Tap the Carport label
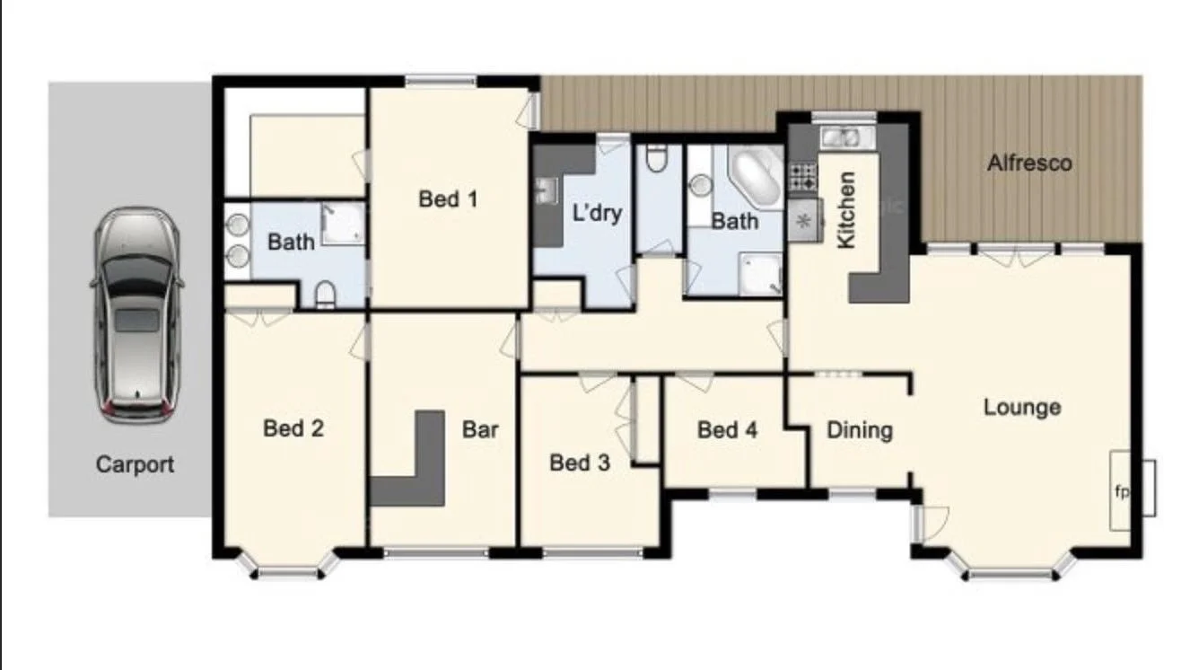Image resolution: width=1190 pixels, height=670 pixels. tap(135, 464)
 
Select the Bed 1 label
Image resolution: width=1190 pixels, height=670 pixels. tap(447, 198)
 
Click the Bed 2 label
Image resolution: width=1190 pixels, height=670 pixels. tap(293, 428)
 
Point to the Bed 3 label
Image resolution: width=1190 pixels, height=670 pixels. tap(579, 463)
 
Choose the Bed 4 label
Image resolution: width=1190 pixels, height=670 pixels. tap(727, 430)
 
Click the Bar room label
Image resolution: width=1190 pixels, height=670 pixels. tap(480, 429)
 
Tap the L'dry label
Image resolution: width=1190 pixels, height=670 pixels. tap(597, 214)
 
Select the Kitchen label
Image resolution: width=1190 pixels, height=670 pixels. tap(845, 210)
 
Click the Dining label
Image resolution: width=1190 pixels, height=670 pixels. tap(859, 430)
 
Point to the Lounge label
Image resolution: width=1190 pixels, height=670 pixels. tap(1021, 407)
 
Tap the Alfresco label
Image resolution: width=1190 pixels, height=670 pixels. tap(1029, 163)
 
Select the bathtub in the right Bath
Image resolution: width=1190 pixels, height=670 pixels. tap(755, 177)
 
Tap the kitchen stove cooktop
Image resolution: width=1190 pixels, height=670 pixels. tap(802, 176)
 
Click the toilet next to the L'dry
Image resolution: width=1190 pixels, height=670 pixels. tap(657, 159)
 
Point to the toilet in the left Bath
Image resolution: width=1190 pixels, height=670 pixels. tap(325, 293)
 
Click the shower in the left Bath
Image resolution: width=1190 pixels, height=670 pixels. tap(344, 223)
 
